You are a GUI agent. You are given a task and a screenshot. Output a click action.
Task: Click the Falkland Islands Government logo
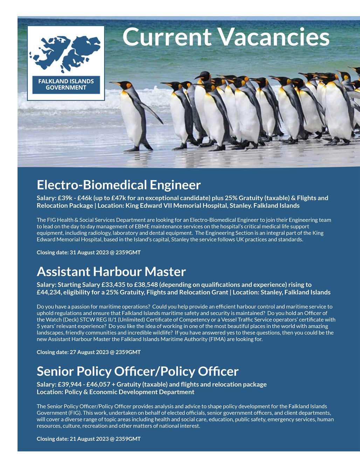66,63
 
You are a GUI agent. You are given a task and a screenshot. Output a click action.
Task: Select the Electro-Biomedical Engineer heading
119,185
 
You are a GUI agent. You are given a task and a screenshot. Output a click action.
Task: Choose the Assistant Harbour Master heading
111,271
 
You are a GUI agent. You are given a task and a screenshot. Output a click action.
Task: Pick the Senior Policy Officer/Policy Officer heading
138,371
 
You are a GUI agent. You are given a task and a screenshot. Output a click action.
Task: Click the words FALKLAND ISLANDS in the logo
66,81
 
